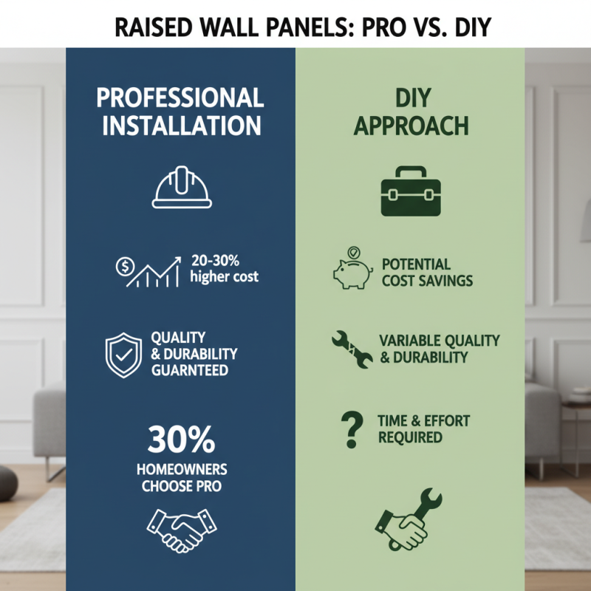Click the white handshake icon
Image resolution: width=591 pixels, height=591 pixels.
coord(181,525)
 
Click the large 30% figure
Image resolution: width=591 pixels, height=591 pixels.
coord(181,440)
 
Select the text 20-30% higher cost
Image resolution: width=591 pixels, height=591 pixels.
coord(224,270)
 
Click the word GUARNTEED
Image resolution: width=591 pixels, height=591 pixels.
coord(189,371)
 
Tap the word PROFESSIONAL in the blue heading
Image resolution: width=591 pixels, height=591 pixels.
coord(180,98)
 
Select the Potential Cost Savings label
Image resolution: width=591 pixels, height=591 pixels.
coord(427,272)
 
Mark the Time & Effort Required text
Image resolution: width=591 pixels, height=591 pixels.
coord(423,428)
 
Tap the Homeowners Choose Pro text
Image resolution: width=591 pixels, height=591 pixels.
coord(182,478)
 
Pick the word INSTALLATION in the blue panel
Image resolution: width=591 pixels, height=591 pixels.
coord(182,125)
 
